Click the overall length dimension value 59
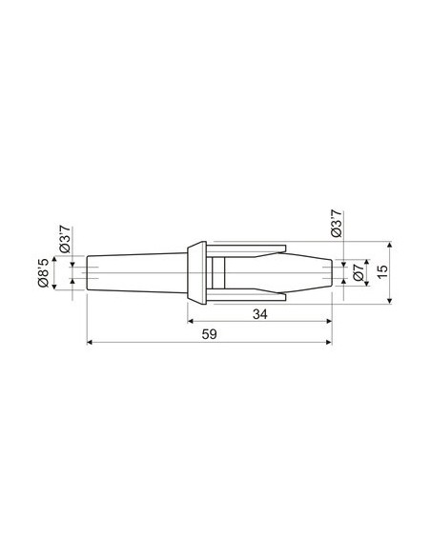pyautogui.click(x=211, y=335)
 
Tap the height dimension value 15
pyautogui.click(x=382, y=271)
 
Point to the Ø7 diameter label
pyautogui.click(x=354, y=272)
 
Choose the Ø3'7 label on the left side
pyautogui.click(x=65, y=236)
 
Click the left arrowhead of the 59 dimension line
pyautogui.click(x=90, y=344)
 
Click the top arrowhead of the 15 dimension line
pyautogui.click(x=391, y=244)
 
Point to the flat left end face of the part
pyautogui.click(x=87, y=272)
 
